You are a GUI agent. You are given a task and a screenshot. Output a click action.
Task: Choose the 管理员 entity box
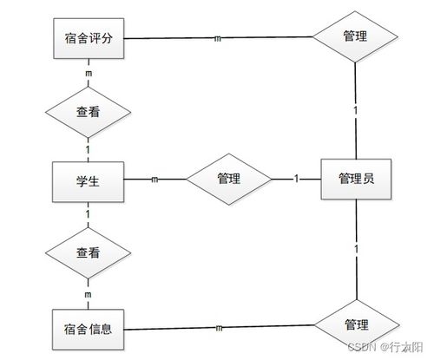click(356, 180)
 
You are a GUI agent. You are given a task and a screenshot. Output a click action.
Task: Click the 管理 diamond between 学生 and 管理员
click(228, 180)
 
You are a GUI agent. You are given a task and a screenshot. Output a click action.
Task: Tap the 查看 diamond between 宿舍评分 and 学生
click(88, 111)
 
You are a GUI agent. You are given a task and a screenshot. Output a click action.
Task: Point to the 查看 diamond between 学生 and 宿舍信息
click(88, 252)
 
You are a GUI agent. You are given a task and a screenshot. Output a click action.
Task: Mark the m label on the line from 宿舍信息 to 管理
click(218, 329)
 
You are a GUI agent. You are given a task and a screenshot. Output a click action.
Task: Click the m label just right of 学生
click(155, 180)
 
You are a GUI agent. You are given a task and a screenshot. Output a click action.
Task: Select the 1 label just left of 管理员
click(296, 180)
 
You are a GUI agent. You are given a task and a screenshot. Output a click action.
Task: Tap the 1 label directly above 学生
click(89, 149)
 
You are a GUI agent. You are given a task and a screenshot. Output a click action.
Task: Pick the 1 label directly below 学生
click(89, 213)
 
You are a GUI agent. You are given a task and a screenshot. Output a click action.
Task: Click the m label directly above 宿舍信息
click(89, 296)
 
